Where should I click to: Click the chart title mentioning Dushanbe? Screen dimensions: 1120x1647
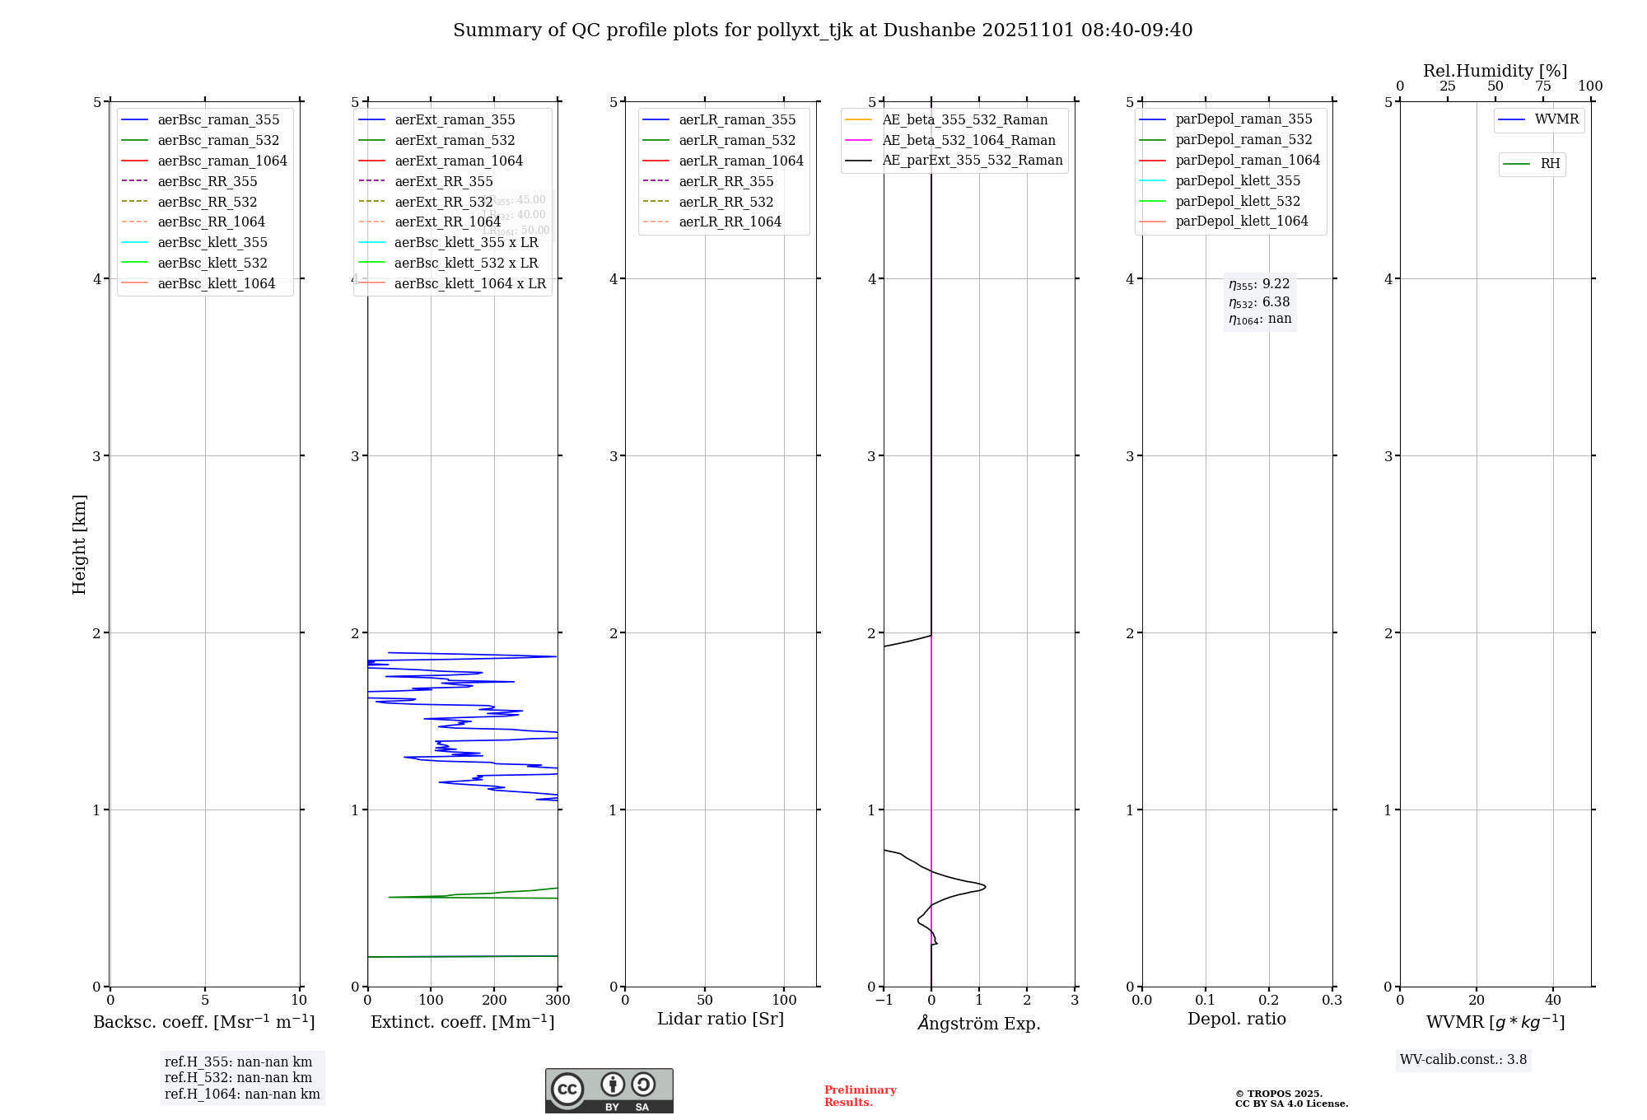coord(823,30)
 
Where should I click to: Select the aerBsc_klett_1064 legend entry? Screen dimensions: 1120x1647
coord(216,283)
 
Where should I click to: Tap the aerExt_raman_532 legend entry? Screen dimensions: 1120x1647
coord(455,140)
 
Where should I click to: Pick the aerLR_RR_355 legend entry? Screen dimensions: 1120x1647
coord(726,181)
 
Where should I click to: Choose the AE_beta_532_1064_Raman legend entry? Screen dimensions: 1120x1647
coord(968,140)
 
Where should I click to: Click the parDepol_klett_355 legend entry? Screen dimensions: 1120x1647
coord(1238,180)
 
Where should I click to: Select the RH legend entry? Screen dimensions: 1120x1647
coord(1550,164)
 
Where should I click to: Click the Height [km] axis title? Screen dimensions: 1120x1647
coord(79,544)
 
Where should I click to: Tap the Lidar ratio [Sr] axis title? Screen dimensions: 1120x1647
coord(721,1019)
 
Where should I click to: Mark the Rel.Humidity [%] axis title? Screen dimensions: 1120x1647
coord(1495,71)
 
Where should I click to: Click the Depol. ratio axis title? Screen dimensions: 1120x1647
coord(1236,1019)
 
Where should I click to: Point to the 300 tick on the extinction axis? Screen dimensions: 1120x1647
coord(558,1001)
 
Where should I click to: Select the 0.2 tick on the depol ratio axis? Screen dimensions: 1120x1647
coord(1269,1001)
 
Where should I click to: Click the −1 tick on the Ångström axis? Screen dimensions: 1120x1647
coord(884,1001)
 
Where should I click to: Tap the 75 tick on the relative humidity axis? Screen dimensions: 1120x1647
coord(1542,86)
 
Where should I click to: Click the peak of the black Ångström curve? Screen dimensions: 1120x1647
coord(985,887)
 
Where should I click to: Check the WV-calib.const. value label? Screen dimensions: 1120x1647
coord(1463,1060)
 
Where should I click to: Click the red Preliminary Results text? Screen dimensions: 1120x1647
coord(860,1096)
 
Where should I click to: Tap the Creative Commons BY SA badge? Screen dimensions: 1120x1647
coord(609,1090)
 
